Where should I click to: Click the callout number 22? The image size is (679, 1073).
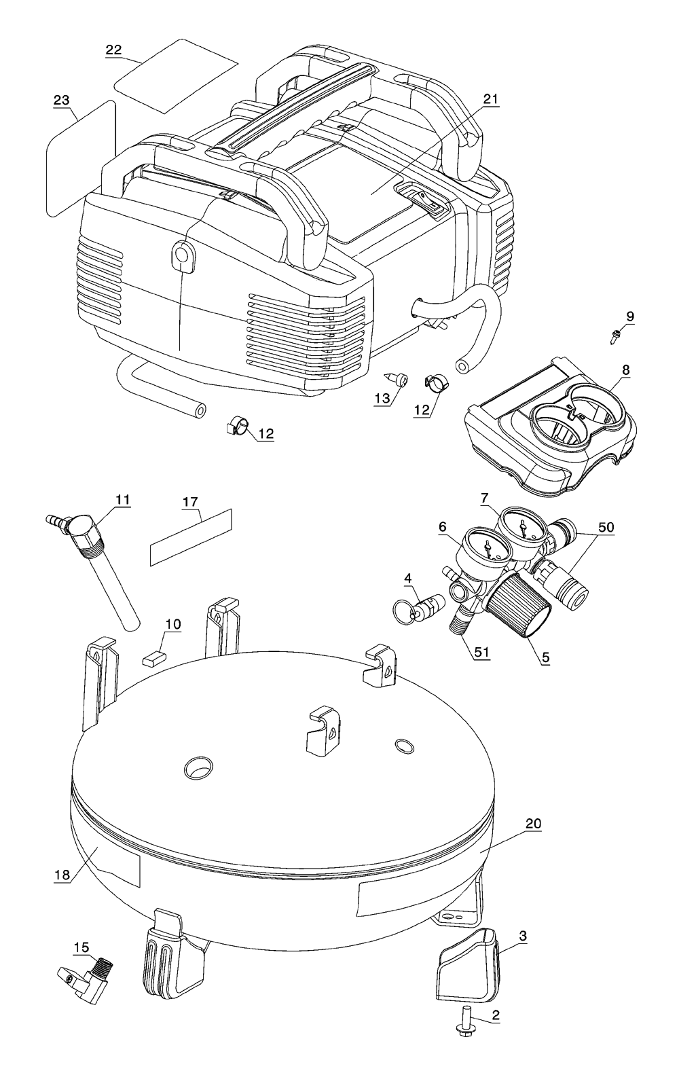114,50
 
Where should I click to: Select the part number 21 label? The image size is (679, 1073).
490,99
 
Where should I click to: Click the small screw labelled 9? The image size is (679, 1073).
615,335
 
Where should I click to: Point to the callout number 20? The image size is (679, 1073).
534,824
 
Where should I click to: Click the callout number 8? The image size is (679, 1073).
626,370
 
